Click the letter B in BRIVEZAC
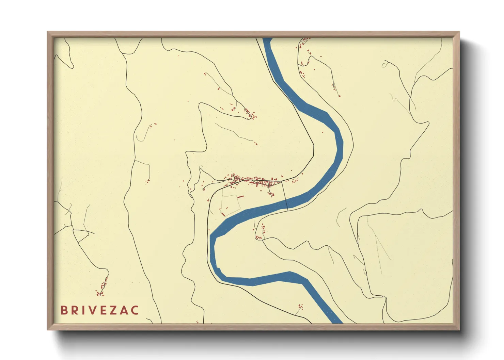[64, 310]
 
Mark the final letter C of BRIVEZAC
[135, 310]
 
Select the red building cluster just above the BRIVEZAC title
[102, 288]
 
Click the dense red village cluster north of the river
[255, 181]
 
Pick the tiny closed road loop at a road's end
[385, 64]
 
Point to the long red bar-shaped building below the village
[240, 197]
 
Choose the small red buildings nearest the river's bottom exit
[300, 307]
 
